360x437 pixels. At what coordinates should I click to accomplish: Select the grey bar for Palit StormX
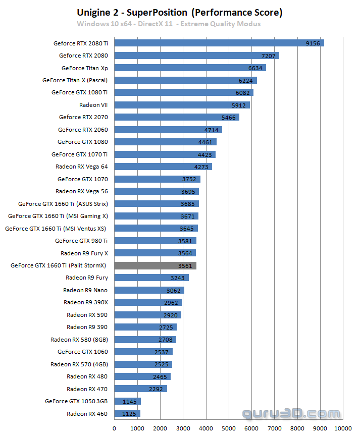[155, 265]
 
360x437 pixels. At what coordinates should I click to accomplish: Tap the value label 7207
[268, 56]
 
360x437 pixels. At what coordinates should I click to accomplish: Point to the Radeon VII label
[93, 105]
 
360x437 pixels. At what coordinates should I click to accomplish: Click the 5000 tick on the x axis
[229, 429]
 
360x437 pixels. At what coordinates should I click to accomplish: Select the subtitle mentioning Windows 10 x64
[169, 24]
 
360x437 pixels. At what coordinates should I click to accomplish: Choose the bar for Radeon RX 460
[127, 414]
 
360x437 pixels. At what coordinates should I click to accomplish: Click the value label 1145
[130, 401]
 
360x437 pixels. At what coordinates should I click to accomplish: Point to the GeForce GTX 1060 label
[82, 352]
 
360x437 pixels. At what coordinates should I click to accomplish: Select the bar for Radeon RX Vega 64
[163, 167]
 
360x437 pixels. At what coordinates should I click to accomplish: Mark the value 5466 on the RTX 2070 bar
[228, 117]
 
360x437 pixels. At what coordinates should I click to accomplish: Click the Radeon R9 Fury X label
[84, 253]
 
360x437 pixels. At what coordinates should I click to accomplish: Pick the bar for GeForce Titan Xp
[190, 68]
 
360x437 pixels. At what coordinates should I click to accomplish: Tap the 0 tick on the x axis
[115, 429]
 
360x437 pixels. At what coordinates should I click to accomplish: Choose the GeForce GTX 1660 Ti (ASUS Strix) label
[63, 204]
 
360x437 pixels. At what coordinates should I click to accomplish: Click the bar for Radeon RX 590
[147, 315]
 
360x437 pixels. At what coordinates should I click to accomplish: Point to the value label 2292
[156, 389]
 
